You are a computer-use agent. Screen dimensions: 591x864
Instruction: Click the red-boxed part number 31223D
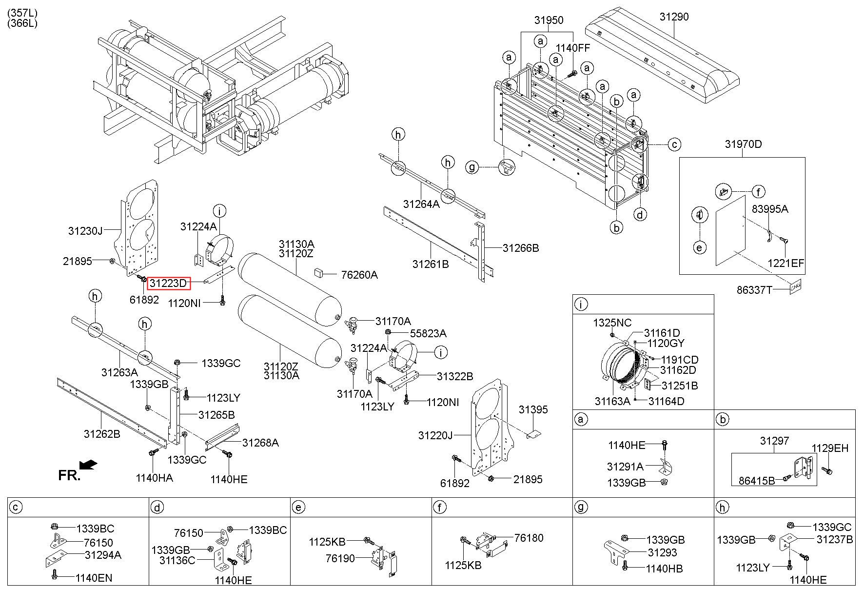[x=168, y=283]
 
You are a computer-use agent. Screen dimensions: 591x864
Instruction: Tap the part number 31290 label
[x=674, y=17]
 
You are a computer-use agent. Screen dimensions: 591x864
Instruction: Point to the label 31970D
[x=743, y=144]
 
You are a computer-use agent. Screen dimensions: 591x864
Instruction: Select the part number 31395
[x=533, y=409]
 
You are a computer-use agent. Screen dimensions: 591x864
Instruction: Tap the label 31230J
[x=85, y=231]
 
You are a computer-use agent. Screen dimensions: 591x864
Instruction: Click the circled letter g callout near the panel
[x=471, y=167]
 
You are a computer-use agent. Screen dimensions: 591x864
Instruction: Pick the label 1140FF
[x=573, y=48]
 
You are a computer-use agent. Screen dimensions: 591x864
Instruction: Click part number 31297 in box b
[x=774, y=441]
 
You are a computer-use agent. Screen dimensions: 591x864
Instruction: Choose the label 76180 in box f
[x=529, y=538]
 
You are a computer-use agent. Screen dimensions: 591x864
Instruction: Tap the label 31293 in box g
[x=662, y=553]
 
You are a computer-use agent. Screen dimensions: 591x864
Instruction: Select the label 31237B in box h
[x=834, y=539]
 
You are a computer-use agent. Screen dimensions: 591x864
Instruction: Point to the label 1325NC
[x=612, y=323]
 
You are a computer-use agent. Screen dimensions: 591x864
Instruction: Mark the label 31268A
[x=260, y=443]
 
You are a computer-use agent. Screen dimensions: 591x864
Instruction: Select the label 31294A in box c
[x=103, y=555]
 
